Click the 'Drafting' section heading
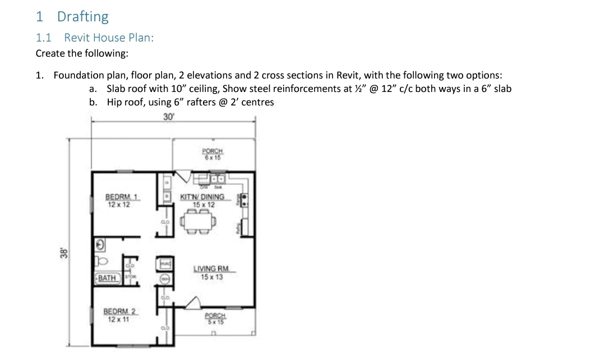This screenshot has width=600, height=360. pyautogui.click(x=82, y=16)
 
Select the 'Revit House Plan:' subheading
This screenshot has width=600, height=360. pyautogui.click(x=109, y=38)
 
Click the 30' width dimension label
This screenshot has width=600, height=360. pyautogui.click(x=169, y=117)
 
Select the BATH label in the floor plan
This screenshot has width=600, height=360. pyautogui.click(x=107, y=278)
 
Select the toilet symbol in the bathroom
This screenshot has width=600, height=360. pyautogui.click(x=101, y=261)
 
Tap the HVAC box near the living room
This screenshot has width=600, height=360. pyautogui.click(x=165, y=263)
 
